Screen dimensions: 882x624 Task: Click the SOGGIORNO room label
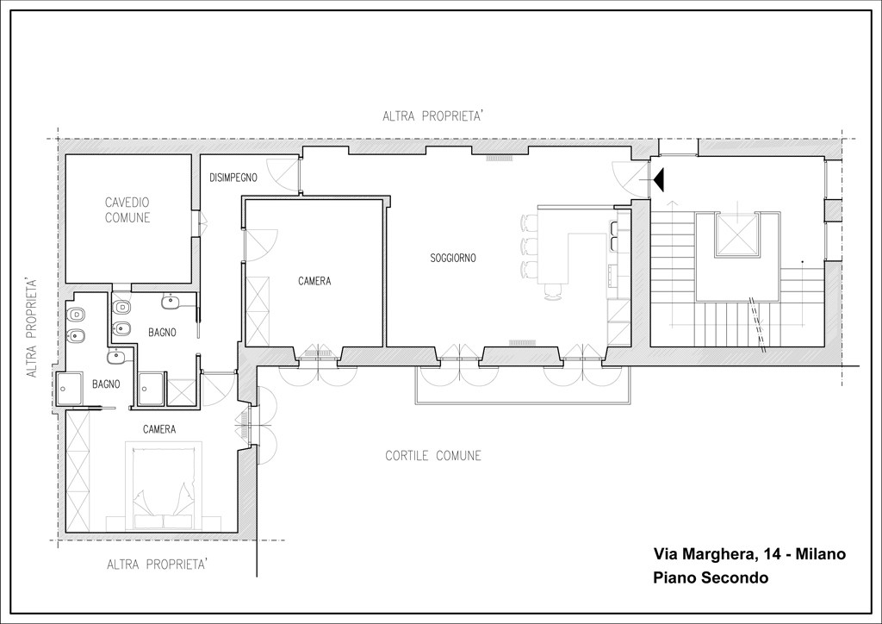coord(453,259)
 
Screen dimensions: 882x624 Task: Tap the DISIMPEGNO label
coord(233,178)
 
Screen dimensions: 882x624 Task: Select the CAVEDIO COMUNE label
coord(127,210)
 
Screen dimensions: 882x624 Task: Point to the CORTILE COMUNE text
coord(433,455)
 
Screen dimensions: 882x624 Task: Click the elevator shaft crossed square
coord(737,236)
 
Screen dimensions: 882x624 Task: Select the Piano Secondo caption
coord(711,577)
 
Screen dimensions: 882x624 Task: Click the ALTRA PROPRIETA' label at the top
coord(433,116)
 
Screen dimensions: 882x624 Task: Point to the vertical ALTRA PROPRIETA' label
coord(32,327)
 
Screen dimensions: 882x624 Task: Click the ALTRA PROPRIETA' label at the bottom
coord(158,565)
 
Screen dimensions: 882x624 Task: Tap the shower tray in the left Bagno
coord(69,388)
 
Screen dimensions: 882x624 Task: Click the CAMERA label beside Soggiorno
coord(314,281)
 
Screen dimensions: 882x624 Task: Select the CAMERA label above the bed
coord(159,429)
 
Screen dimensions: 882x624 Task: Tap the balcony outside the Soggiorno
coord(523,385)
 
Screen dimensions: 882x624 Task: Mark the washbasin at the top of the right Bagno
coord(170,303)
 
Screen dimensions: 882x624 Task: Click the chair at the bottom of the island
coord(554,292)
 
